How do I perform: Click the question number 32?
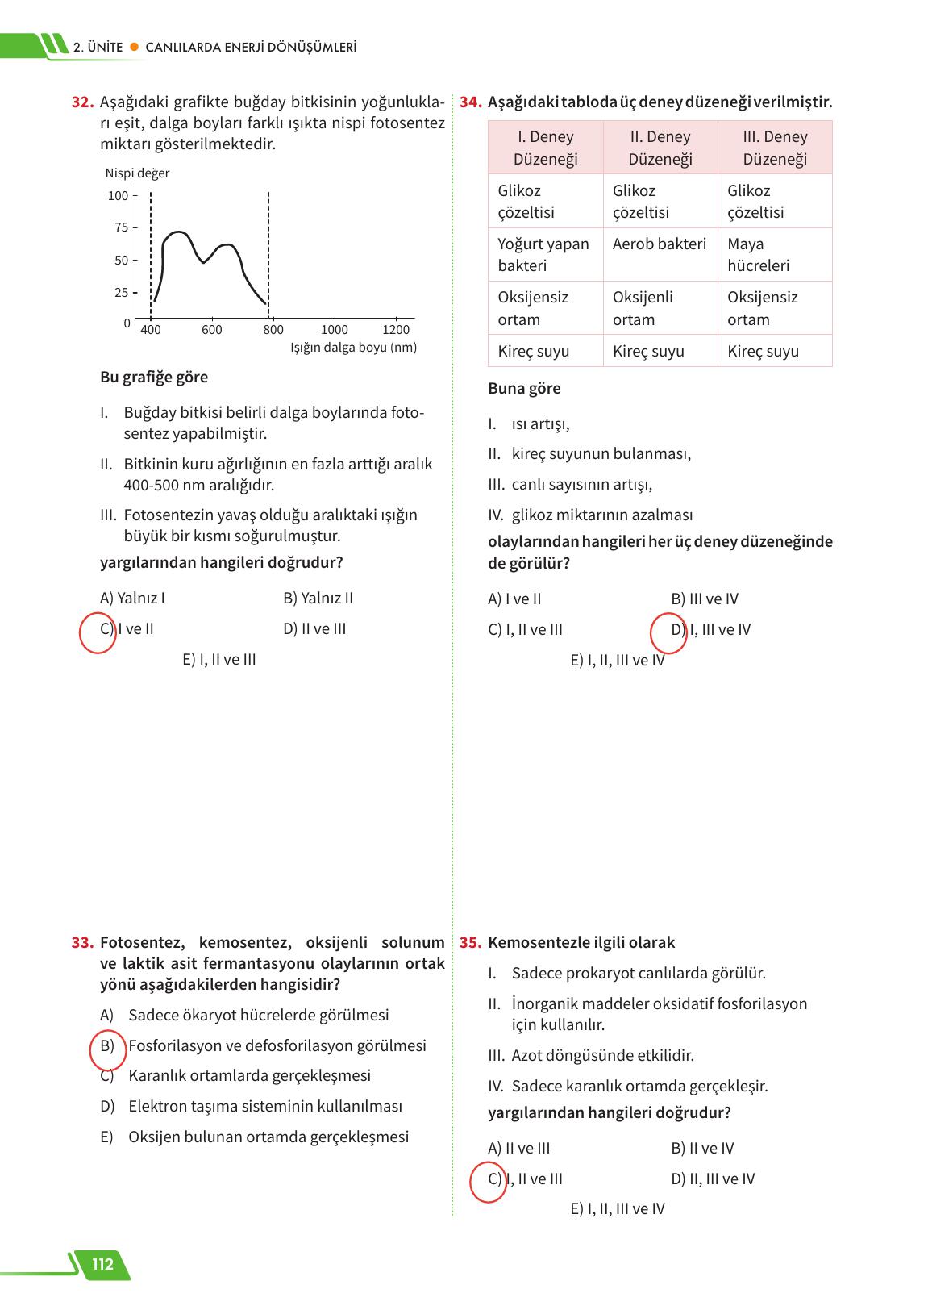(x=83, y=102)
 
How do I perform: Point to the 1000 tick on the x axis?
(x=335, y=329)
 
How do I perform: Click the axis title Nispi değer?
(x=137, y=173)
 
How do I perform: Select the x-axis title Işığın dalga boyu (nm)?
(x=353, y=348)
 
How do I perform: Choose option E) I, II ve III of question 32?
(x=219, y=659)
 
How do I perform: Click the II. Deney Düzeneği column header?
(x=660, y=148)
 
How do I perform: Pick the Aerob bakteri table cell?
(x=659, y=244)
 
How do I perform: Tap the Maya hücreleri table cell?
(x=758, y=254)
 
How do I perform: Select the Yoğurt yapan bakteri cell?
(x=543, y=254)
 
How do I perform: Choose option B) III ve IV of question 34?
(x=704, y=599)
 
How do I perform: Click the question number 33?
(x=83, y=942)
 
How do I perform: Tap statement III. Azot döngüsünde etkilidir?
(x=601, y=1055)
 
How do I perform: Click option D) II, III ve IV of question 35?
(x=713, y=1179)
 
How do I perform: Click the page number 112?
(x=102, y=1264)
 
